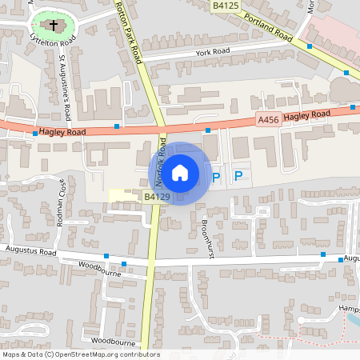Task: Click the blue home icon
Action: pyautogui.click(x=180, y=173)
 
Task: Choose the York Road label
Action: pyautogui.click(x=212, y=52)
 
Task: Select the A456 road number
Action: pyautogui.click(x=268, y=119)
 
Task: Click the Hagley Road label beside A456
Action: pyautogui.click(x=306, y=115)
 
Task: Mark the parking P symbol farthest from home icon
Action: pyautogui.click(x=238, y=176)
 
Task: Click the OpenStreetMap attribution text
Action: pyautogui.click(x=80, y=354)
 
